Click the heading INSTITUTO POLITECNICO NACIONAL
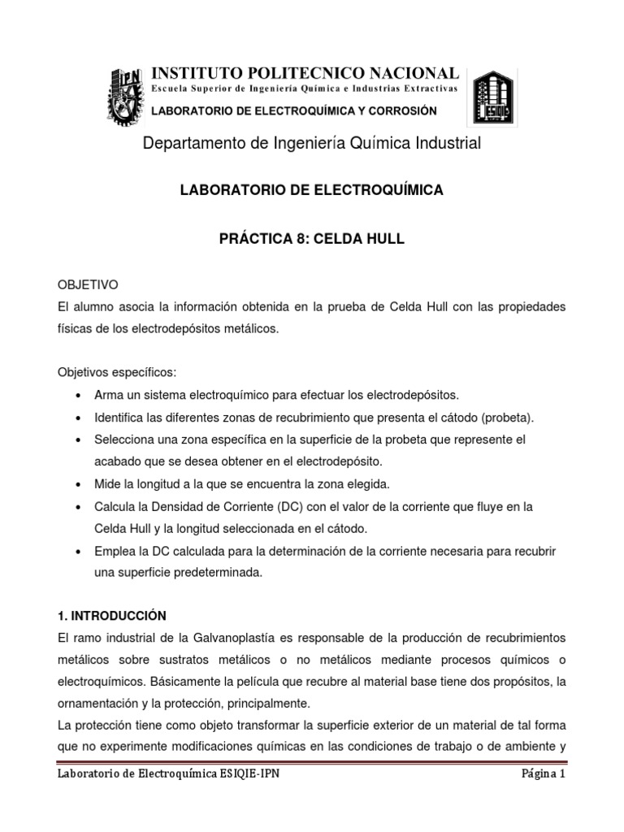pos(305,74)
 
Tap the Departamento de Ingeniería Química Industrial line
pos(312,144)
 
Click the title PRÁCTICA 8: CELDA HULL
pos(311,240)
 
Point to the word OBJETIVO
pos(88,285)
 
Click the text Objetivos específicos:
pos(116,372)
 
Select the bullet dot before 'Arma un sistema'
pos(76,396)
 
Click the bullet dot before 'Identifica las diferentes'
pos(76,418)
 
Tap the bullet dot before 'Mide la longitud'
pos(76,485)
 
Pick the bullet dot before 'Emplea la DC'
pos(76,552)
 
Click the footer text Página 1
pos(543,774)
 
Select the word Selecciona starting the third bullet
pos(123,440)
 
